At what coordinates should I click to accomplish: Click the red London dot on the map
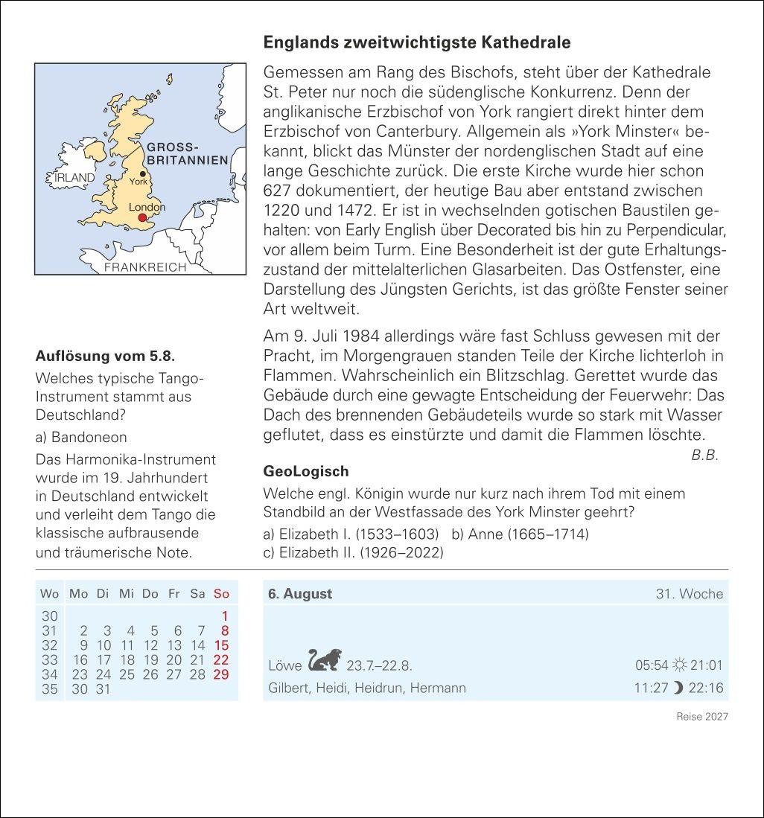(142, 217)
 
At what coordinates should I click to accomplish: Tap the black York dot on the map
(142, 173)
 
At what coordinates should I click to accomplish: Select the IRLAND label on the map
(74, 178)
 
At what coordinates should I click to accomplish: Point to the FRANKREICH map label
(145, 267)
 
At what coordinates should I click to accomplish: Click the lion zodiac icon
(325, 660)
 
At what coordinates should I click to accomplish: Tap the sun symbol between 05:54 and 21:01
(678, 665)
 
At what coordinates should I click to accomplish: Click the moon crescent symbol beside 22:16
(678, 688)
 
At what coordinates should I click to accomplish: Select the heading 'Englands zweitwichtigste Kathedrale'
(417, 42)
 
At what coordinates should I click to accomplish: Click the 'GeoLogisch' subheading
(306, 471)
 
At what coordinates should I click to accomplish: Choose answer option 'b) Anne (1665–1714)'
(520, 534)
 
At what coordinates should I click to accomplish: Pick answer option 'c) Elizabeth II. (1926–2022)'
(353, 552)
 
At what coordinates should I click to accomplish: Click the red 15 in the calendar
(221, 645)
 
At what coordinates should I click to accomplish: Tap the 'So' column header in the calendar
(221, 593)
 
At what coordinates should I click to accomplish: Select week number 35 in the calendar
(49, 689)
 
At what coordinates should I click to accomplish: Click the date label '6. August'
(300, 593)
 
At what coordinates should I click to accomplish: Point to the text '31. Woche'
(689, 593)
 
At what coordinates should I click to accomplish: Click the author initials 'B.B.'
(704, 456)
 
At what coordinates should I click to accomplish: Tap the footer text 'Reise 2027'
(701, 716)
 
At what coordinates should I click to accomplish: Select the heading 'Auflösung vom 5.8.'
(106, 356)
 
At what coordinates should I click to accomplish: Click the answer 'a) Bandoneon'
(81, 437)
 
